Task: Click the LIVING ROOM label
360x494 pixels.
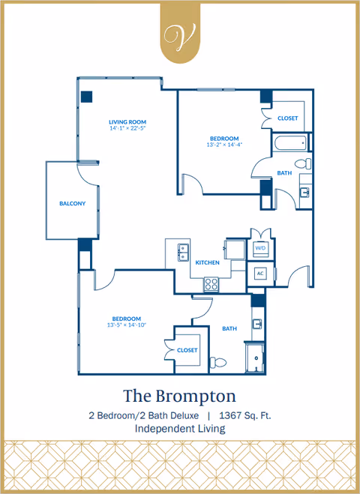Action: tap(127, 121)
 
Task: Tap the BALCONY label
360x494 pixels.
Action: tap(73, 204)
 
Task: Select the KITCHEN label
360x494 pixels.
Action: tap(207, 262)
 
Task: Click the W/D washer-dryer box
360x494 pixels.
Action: tap(261, 248)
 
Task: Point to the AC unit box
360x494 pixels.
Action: tap(261, 273)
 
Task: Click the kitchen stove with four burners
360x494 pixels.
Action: tap(212, 283)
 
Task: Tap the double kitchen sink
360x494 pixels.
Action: tap(182, 253)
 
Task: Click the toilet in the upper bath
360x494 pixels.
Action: tap(301, 163)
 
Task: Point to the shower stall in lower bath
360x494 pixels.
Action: tap(256, 357)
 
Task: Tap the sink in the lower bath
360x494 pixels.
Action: tap(256, 325)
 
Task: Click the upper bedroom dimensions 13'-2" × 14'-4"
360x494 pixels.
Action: tap(224, 145)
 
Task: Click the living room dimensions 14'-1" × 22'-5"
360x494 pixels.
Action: tap(127, 128)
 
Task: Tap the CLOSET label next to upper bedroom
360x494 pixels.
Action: tap(288, 118)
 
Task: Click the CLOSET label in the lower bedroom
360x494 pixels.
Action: tap(187, 350)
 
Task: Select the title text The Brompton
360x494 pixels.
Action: tap(179, 395)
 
